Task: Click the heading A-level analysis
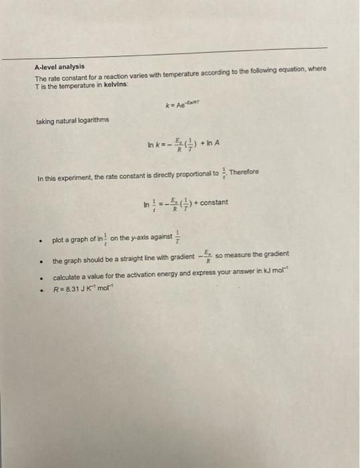coord(60,67)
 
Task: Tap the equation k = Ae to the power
coord(180,105)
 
